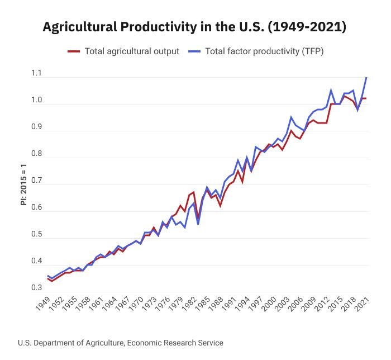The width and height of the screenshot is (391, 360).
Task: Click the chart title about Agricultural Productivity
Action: [195, 27]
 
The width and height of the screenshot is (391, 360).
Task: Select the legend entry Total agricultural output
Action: [131, 51]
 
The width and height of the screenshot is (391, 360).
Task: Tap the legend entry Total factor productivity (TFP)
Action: [264, 51]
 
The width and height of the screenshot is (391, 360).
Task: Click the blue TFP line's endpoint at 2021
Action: [366, 77]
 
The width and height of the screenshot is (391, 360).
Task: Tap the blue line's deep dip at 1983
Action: [198, 224]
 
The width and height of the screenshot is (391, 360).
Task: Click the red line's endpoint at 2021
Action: [366, 98]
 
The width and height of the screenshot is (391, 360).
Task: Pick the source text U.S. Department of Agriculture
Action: [120, 343]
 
